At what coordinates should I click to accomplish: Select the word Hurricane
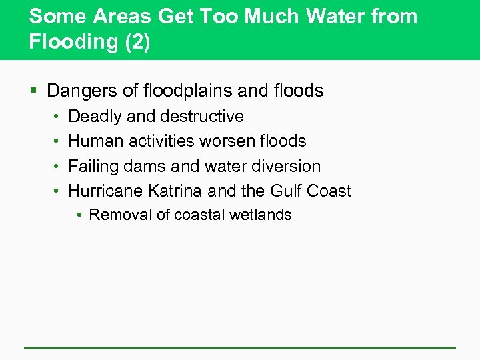pyautogui.click(x=106, y=191)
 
